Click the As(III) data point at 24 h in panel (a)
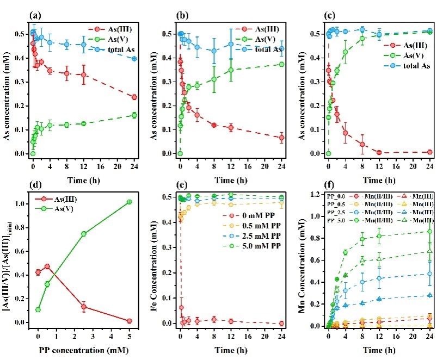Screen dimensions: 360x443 click(x=134, y=97)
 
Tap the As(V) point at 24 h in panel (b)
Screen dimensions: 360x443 click(x=281, y=64)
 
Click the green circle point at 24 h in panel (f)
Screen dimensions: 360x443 click(x=429, y=232)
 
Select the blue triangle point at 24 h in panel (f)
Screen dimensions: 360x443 click(x=429, y=295)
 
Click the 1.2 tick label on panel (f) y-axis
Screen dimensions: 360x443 click(x=318, y=194)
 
